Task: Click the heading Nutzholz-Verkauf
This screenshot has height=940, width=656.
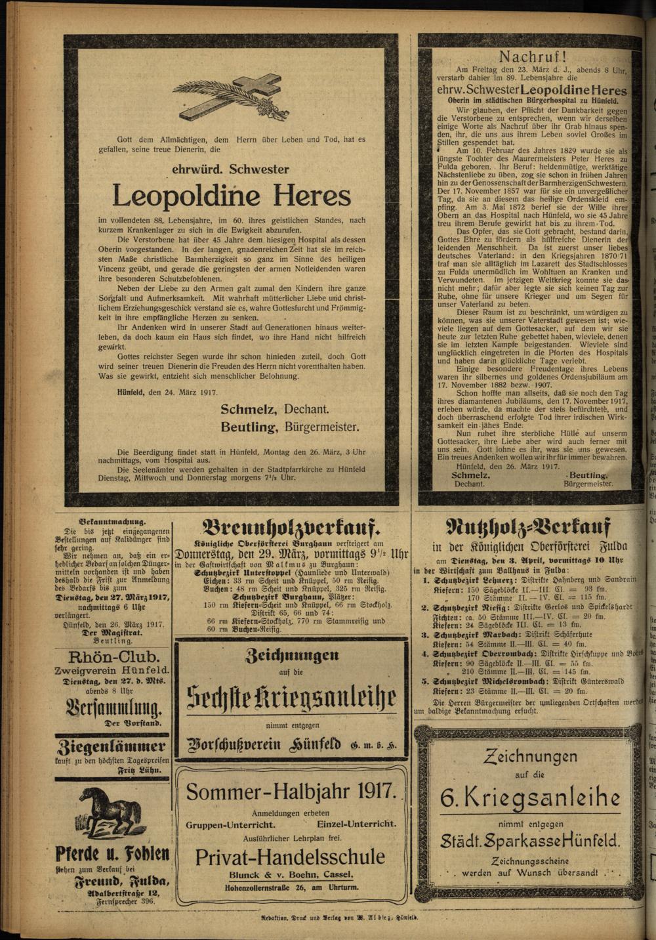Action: coord(528,526)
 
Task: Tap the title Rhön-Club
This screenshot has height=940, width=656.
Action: coord(113,656)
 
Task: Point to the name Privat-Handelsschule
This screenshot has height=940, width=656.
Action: coord(290,857)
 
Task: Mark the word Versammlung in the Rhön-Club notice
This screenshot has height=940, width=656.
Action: coord(113,707)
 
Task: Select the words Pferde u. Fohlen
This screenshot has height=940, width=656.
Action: coord(112,854)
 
